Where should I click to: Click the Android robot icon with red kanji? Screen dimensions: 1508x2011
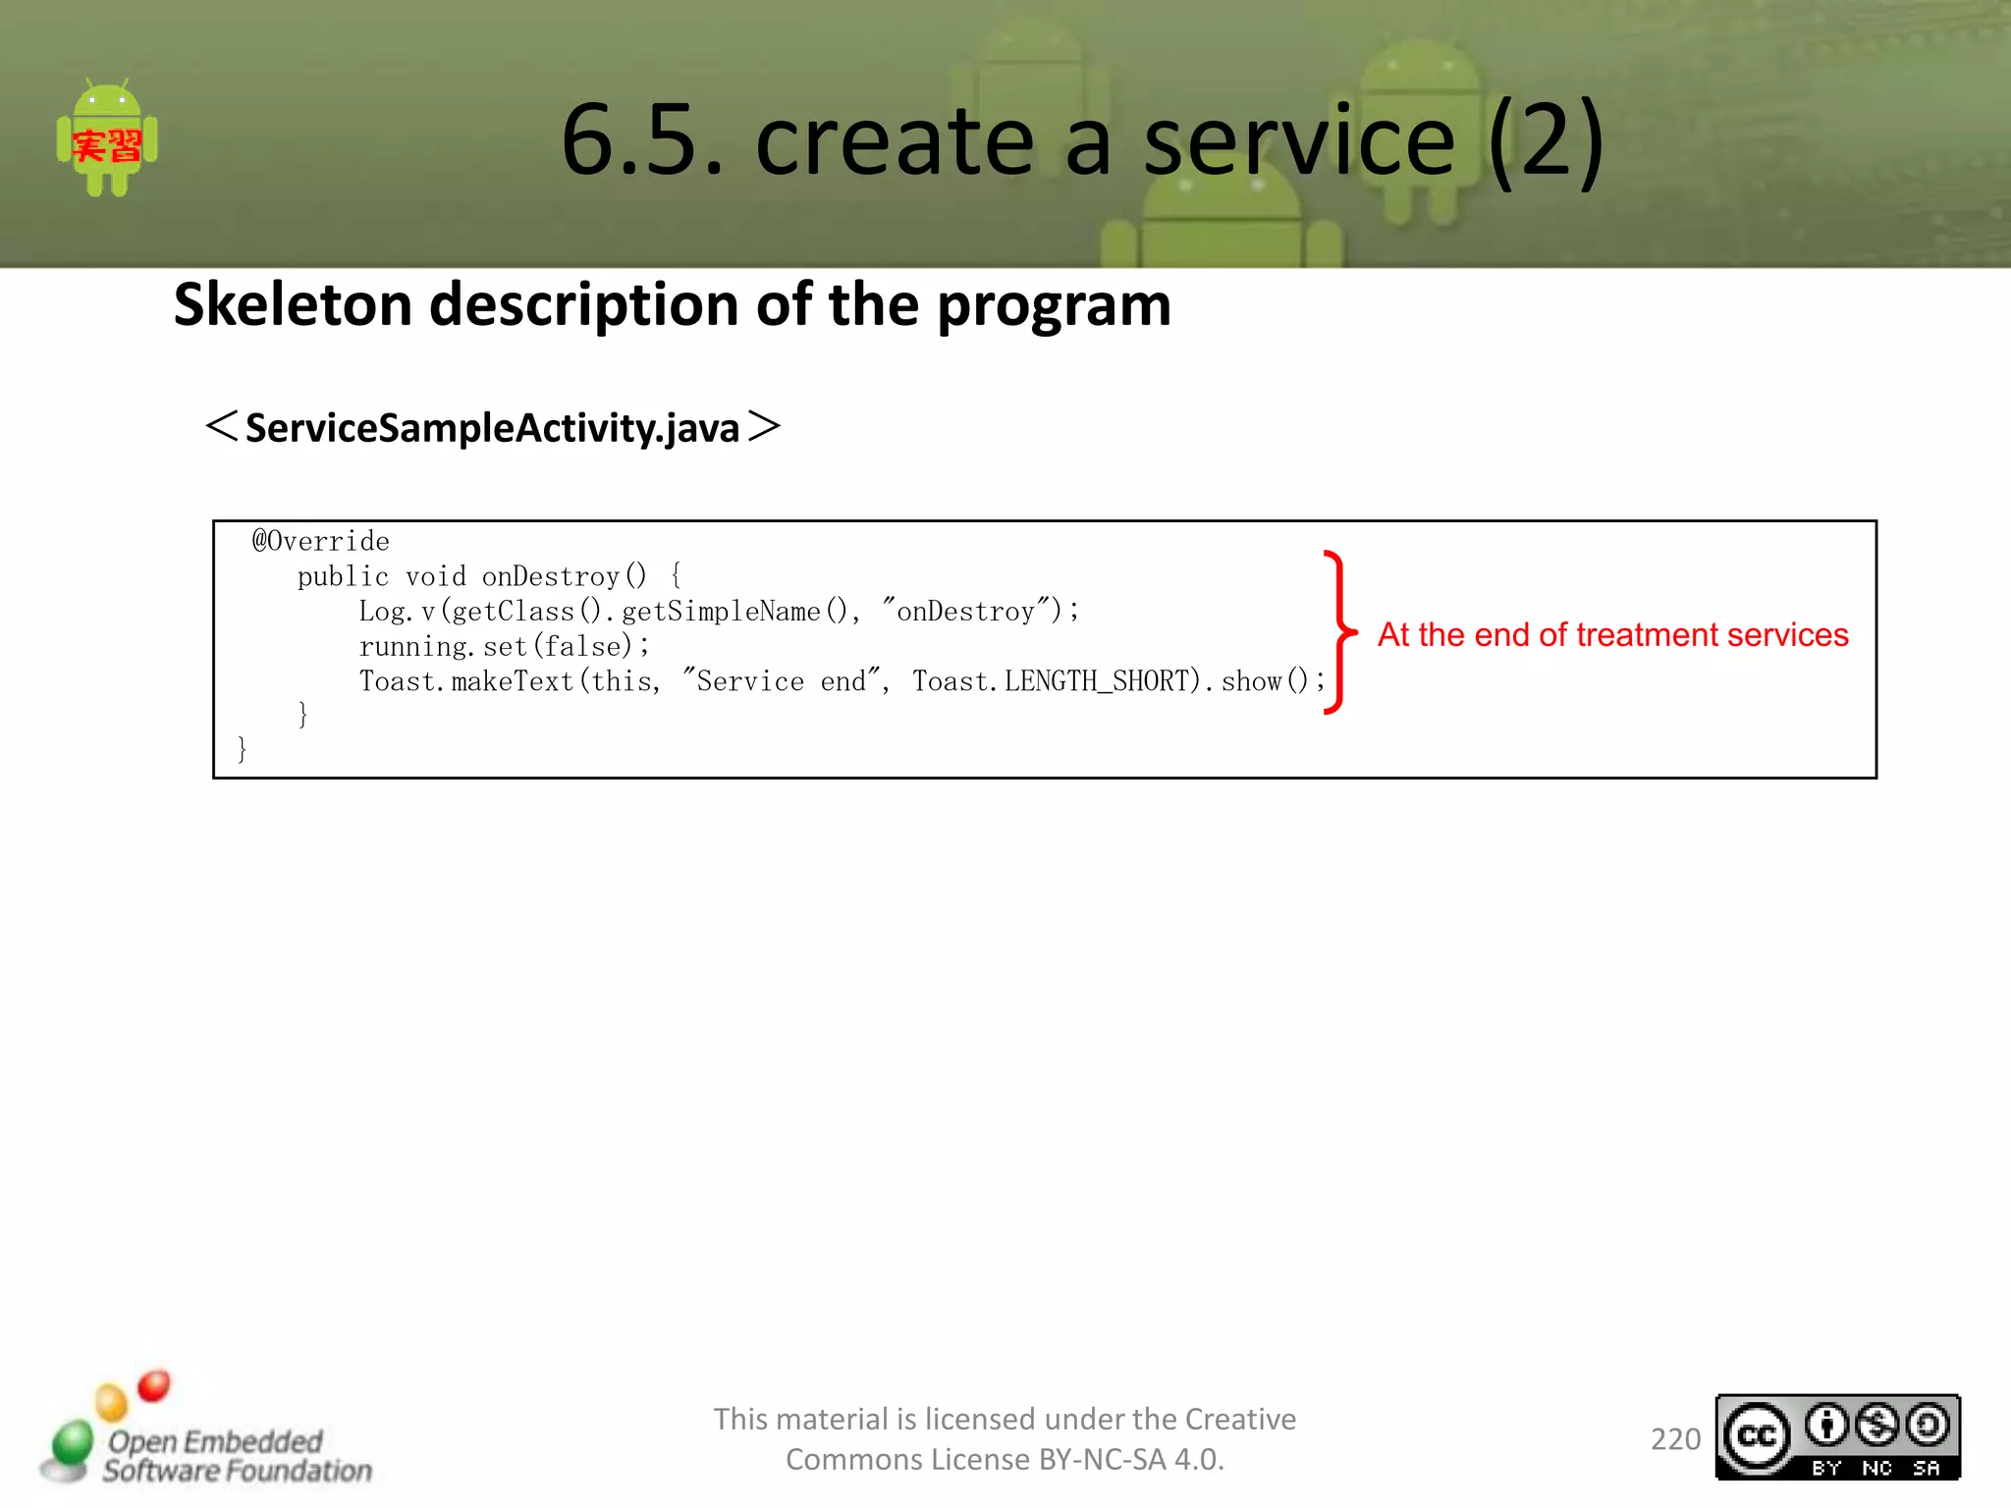[107, 140]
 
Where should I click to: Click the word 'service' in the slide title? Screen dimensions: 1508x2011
[1298, 141]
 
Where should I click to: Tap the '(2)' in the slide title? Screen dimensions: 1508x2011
[1546, 141]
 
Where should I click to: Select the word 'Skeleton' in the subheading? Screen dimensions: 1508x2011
[293, 304]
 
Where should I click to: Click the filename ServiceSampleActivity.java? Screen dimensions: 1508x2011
[492, 428]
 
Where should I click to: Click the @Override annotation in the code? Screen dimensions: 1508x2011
[321, 541]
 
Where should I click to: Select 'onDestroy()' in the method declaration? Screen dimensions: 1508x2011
[564, 576]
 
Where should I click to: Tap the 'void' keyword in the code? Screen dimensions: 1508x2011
[435, 576]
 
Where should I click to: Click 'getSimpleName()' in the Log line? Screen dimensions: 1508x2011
[734, 612]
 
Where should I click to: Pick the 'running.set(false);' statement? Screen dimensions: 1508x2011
[504, 646]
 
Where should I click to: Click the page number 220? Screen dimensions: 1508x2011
[1675, 1439]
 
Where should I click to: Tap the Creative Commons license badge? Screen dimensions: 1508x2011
[1837, 1437]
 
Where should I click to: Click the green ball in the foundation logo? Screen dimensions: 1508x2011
[72, 1444]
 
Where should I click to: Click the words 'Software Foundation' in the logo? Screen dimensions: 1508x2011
[238, 1471]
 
